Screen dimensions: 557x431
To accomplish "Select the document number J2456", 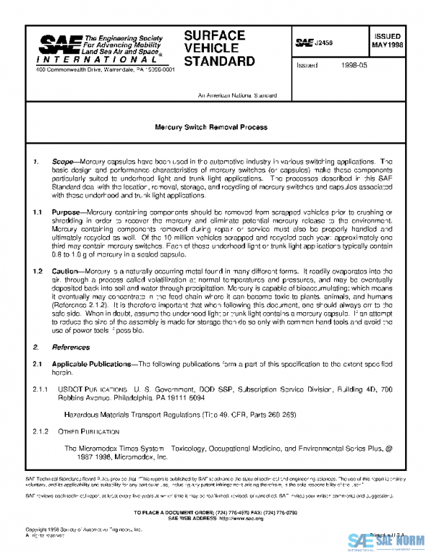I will tap(325, 43).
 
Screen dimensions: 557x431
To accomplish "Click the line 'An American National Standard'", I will tap(237, 95).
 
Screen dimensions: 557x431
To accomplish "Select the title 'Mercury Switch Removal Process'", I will tap(211, 127).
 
